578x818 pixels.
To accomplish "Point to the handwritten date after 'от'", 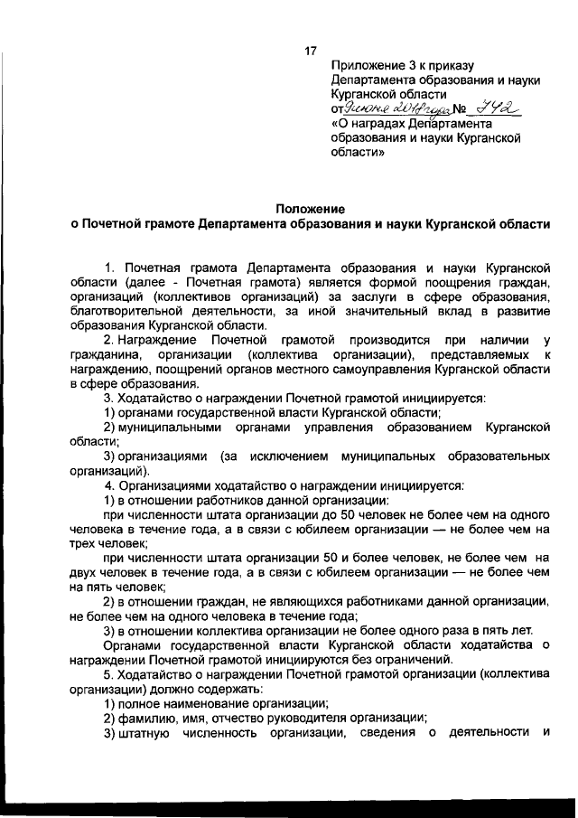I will [x=393, y=109].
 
